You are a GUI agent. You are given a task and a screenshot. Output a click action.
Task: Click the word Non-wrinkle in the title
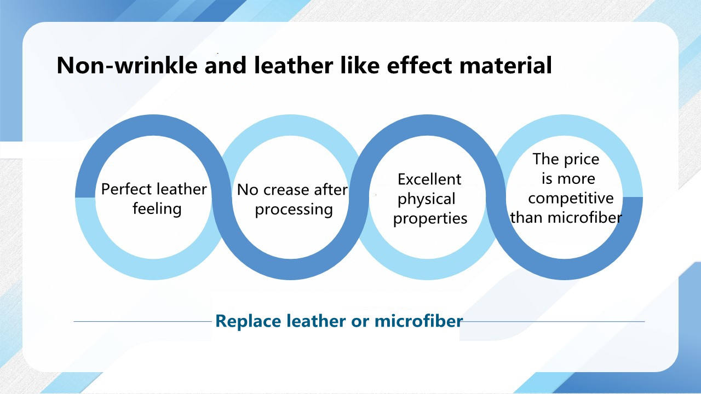[x=127, y=65]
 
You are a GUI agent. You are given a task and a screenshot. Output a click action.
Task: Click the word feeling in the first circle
[x=157, y=209]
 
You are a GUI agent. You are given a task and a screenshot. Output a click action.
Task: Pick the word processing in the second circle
[x=294, y=210]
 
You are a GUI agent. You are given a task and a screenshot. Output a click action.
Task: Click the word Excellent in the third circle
[x=429, y=179]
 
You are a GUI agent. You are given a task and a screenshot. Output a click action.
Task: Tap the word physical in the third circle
[x=426, y=199]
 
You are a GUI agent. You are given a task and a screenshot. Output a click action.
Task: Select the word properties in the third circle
[x=430, y=218]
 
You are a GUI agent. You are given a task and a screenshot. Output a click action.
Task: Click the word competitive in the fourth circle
[x=571, y=198]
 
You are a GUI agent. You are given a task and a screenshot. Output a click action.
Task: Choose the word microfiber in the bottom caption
[x=419, y=321]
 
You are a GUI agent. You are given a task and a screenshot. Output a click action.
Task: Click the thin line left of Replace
[x=143, y=321]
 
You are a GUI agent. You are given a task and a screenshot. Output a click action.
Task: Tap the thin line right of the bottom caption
[x=554, y=321]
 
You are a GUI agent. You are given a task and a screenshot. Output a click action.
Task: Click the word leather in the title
[x=293, y=65]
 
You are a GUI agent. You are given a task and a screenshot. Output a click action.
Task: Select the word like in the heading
[x=360, y=65]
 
